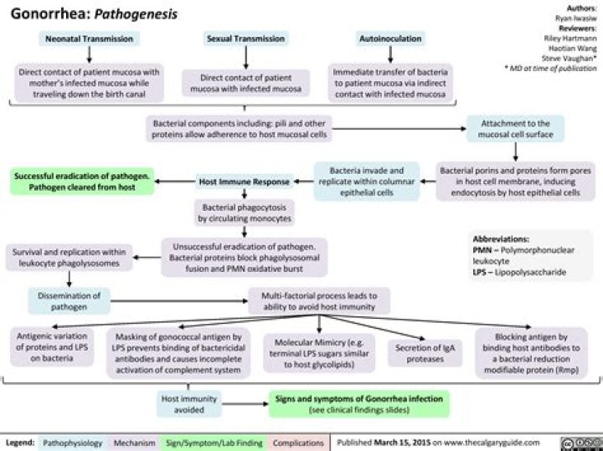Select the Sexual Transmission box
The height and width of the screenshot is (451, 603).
247,38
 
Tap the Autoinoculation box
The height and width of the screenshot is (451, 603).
390,38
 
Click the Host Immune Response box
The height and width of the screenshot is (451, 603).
243,181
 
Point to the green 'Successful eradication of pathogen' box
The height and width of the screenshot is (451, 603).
82,181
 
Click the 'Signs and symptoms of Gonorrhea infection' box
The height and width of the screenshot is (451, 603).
359,404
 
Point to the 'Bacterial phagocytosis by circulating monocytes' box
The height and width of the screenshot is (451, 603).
244,213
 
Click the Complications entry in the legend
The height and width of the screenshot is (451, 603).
299,442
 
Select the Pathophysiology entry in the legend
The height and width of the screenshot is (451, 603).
73,442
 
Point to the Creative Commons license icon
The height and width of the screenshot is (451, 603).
584,441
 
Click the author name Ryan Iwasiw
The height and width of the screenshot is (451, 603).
577,16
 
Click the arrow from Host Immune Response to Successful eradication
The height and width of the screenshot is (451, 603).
175,181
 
